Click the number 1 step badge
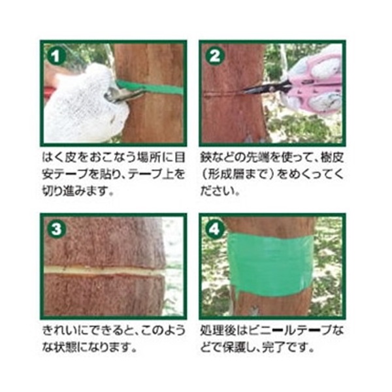[x=56, y=56]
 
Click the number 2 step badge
[x=215, y=56]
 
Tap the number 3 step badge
[x=56, y=229]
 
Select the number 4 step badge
[x=215, y=229]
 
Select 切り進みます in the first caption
[x=74, y=191]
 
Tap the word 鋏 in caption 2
[x=206, y=157]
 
